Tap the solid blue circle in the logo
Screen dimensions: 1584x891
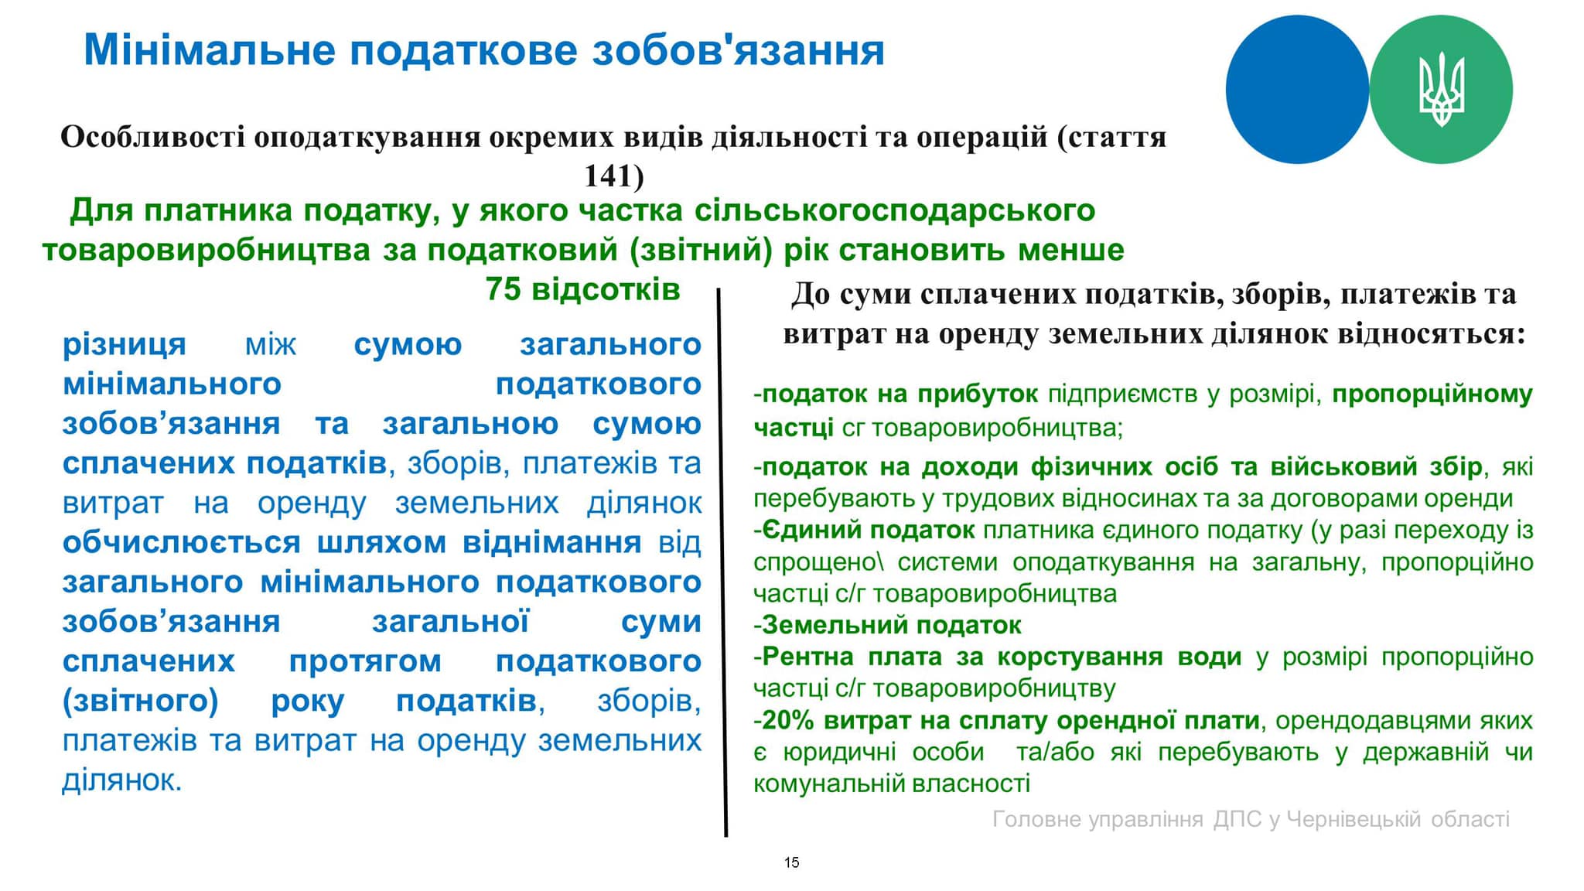(1297, 90)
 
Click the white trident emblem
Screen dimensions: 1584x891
(1441, 90)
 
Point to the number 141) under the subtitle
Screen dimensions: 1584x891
(613, 176)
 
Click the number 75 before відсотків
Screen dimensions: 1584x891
(504, 289)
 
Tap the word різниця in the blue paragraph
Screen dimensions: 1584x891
(125, 345)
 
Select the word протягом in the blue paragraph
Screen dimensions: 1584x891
(365, 662)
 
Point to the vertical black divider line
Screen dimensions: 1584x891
(722, 562)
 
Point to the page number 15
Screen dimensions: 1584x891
(791, 862)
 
